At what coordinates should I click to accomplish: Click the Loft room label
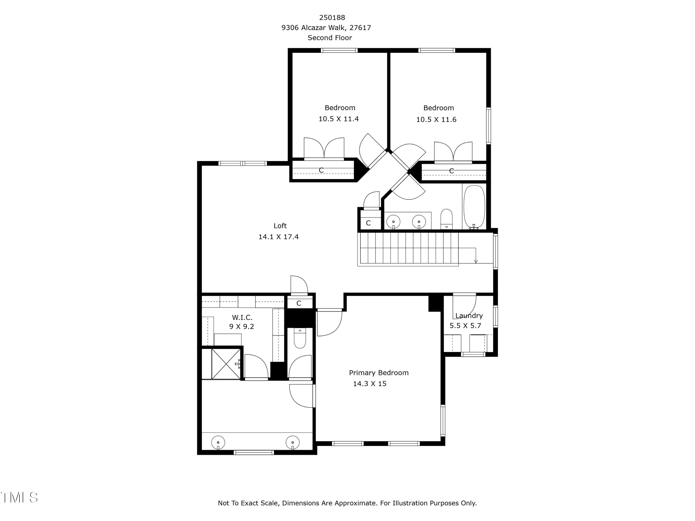pos(280,226)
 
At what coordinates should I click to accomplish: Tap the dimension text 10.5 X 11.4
pos(338,119)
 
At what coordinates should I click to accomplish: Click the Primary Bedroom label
pos(379,373)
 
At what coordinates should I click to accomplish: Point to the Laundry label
pos(469,316)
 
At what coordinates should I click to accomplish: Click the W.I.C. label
pos(242,317)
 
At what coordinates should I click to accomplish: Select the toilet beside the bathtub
pos(446,218)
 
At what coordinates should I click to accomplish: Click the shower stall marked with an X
pos(226,363)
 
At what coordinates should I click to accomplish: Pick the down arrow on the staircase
pos(475,261)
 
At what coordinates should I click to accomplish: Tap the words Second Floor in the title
pos(330,38)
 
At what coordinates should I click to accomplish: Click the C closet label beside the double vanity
pos(368,223)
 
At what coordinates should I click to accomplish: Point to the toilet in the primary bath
pos(300,338)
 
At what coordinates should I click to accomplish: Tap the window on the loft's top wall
pos(242,163)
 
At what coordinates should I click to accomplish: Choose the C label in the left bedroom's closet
pos(321,170)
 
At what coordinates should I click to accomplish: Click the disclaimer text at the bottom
pos(347,503)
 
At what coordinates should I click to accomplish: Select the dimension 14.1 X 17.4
pos(278,237)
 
